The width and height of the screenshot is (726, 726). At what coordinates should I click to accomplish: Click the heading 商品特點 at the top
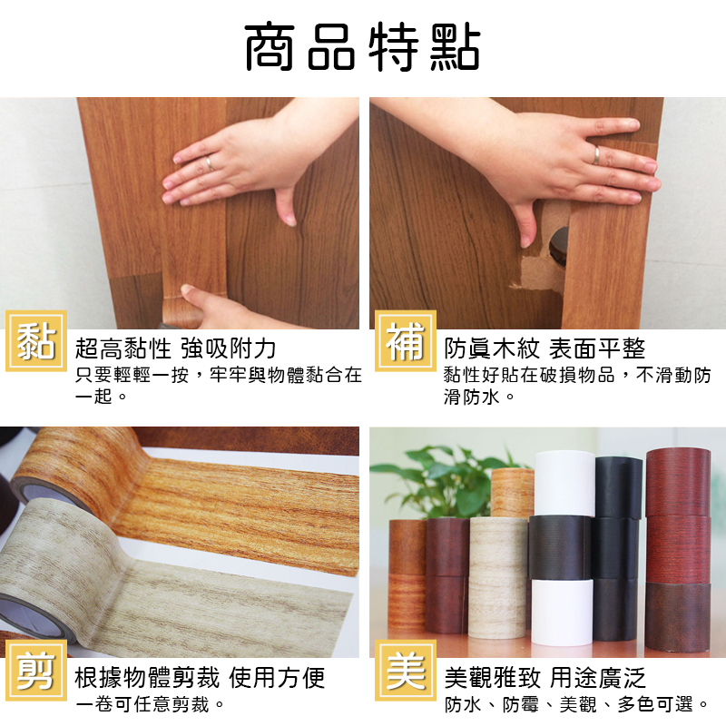pos(362,47)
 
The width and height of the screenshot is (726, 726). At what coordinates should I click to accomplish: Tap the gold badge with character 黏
pos(36,341)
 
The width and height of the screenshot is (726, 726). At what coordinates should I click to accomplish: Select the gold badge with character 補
pos(405,341)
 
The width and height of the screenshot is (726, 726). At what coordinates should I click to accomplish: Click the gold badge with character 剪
pos(36,671)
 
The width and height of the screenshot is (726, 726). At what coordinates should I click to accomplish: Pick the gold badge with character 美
pos(405,671)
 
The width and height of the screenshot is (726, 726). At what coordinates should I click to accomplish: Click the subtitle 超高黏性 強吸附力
pos(175,348)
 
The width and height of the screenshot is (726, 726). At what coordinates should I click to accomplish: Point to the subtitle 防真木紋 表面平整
pos(544,348)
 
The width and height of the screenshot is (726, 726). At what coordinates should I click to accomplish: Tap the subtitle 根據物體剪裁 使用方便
pos(200,678)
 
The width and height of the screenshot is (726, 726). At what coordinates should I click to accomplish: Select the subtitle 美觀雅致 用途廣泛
pos(545,678)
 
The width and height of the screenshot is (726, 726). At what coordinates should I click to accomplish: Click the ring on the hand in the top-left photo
pos(210,162)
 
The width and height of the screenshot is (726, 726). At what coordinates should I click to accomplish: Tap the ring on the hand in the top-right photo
pos(597,154)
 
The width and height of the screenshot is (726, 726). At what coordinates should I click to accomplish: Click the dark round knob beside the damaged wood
pos(559,246)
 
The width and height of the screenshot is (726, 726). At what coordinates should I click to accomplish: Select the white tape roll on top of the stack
pos(564,484)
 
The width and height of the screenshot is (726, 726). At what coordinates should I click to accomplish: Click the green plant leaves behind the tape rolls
pos(445,482)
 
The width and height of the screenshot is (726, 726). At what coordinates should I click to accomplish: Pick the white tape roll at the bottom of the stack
pos(562,611)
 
